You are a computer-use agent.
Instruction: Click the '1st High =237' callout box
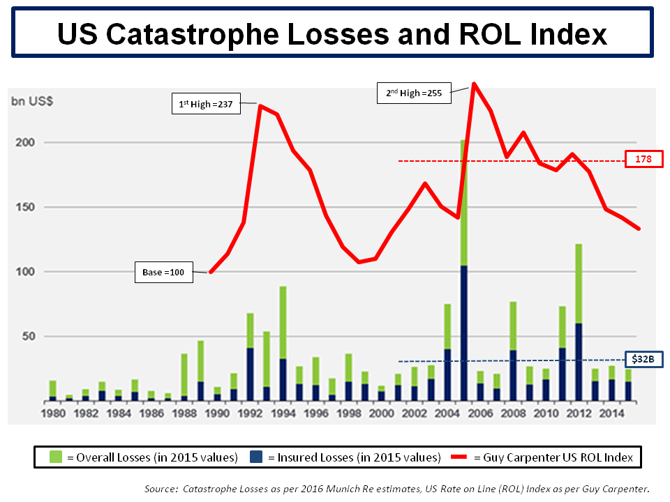click(206, 105)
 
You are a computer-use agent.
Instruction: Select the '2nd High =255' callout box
click(414, 93)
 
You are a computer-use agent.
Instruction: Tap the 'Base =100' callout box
click(163, 273)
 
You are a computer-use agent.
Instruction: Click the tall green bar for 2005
click(463, 202)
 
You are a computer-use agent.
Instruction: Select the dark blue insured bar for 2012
click(578, 362)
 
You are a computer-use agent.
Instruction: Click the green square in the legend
click(56, 457)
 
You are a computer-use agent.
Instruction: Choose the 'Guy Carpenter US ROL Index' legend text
click(553, 457)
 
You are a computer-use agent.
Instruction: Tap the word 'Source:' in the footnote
click(161, 489)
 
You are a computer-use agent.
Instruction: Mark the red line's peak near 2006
click(474, 84)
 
